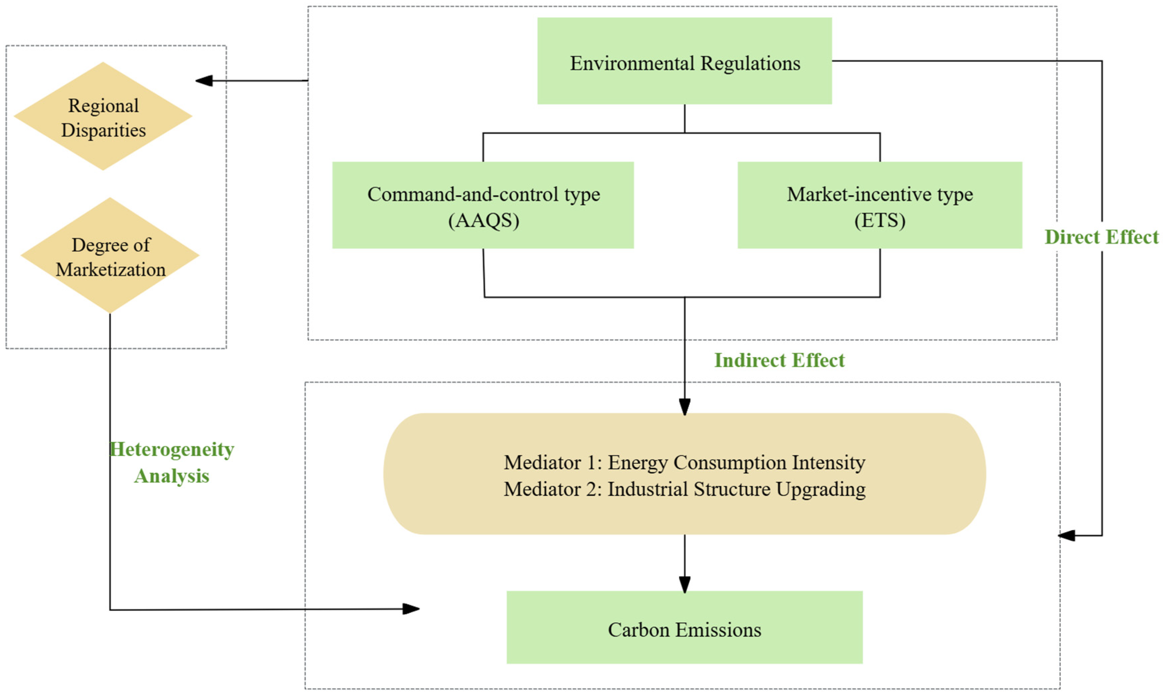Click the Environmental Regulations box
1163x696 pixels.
684,61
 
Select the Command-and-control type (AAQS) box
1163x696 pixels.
483,205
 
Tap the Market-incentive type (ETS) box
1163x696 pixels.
880,205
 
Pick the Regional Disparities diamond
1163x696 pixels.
103,116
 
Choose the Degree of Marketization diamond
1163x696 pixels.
110,256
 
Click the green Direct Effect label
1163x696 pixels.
1101,237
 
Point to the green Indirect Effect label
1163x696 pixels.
779,360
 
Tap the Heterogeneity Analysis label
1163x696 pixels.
172,462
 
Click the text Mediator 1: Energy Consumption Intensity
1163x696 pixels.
684,462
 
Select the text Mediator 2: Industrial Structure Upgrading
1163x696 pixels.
684,489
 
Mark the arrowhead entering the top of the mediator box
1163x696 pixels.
684,406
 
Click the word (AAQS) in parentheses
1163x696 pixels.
483,220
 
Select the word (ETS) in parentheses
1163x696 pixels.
880,220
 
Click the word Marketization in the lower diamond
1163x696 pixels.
111,270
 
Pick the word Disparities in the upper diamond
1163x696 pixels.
103,130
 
